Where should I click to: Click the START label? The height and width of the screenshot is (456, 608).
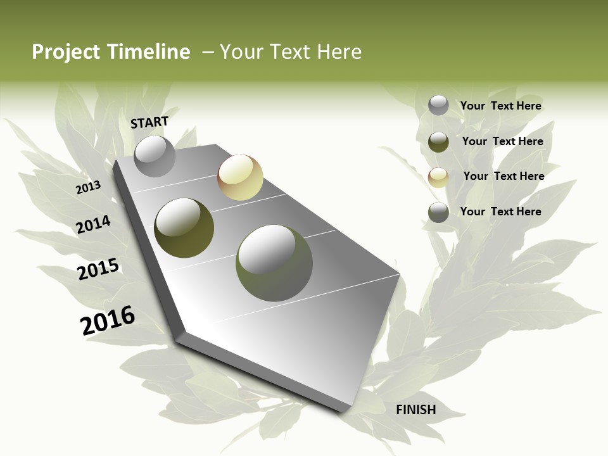[149, 122]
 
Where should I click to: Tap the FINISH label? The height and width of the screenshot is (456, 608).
[416, 410]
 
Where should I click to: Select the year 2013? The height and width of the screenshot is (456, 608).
[88, 187]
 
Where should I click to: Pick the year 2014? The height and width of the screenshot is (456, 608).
[93, 224]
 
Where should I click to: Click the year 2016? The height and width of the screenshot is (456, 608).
[108, 320]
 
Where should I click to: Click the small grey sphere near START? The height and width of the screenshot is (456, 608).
[155, 156]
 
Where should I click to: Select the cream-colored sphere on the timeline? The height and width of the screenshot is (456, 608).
[240, 177]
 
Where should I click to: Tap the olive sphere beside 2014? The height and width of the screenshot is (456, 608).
[184, 228]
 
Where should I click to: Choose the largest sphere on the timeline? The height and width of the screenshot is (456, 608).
[274, 263]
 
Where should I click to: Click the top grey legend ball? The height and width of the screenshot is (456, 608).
[438, 105]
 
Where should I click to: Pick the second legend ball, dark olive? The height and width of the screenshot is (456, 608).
[438, 142]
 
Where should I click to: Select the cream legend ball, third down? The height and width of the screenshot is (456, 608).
[438, 177]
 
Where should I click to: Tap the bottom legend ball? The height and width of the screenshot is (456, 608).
[438, 212]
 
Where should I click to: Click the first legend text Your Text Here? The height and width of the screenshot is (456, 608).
[500, 106]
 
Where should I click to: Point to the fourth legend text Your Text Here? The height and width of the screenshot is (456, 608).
[500, 212]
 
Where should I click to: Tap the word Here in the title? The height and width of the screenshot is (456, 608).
[339, 52]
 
